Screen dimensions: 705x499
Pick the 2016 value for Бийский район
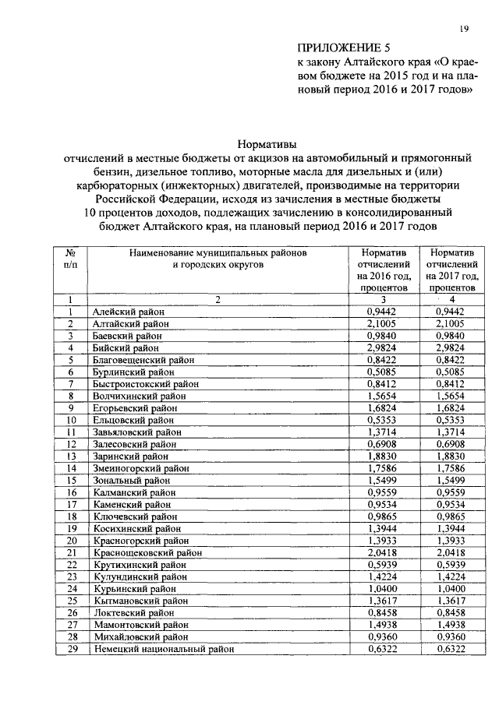click(x=381, y=347)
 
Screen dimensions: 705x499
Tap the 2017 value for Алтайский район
click(x=452, y=323)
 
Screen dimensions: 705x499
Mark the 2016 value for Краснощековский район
click(x=381, y=552)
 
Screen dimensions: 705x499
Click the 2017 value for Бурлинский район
click(x=452, y=372)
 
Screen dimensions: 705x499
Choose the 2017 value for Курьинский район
click(x=452, y=588)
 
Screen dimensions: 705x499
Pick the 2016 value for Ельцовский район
click(x=381, y=420)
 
